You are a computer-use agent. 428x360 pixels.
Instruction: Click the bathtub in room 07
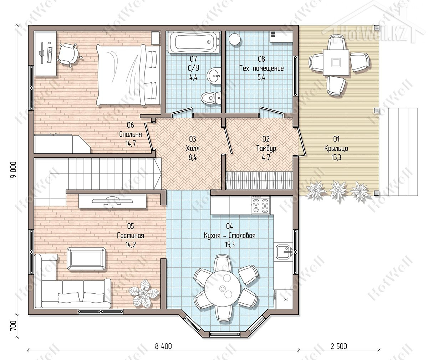[x=194, y=42]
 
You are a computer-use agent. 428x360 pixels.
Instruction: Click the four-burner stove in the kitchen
[x=260, y=205]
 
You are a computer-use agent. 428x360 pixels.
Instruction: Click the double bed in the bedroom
[x=128, y=75]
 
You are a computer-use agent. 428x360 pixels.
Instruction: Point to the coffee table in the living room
[x=86, y=258]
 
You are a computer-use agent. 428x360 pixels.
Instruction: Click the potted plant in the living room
[x=144, y=294]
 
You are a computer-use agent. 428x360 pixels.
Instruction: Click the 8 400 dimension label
[x=163, y=346]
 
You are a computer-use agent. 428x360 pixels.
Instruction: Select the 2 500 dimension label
[x=338, y=346]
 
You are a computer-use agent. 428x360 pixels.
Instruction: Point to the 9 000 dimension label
[x=14, y=170]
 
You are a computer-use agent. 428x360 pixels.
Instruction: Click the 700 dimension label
[x=13, y=325]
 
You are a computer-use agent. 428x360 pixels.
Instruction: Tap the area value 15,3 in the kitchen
[x=230, y=245]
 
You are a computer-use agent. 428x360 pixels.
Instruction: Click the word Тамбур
[x=266, y=148]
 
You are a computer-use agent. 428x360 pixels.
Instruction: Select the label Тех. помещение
[x=261, y=68]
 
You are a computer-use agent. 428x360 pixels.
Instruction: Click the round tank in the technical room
[x=235, y=39]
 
